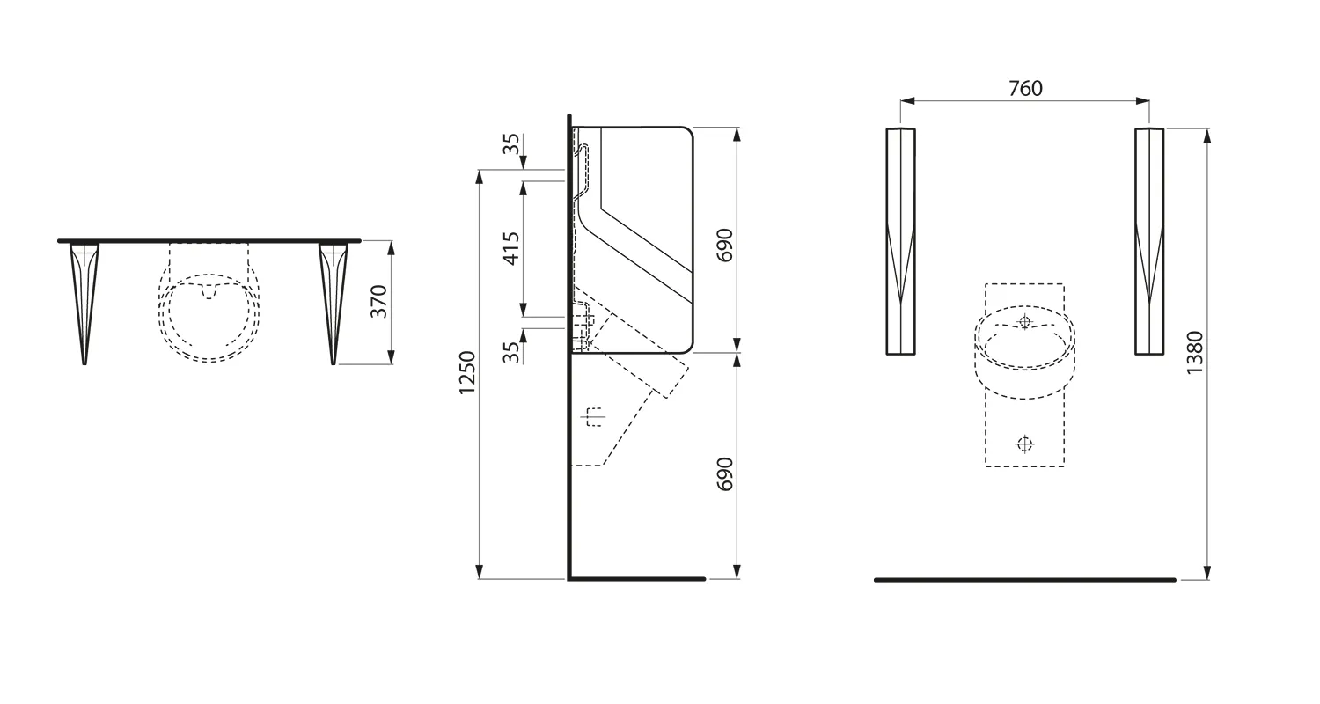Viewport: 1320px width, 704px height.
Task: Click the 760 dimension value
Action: [x=1025, y=88]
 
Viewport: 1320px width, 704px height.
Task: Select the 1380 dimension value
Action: [x=1194, y=353]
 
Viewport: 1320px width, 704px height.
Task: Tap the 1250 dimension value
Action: [x=467, y=372]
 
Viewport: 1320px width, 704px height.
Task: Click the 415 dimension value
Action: [x=511, y=248]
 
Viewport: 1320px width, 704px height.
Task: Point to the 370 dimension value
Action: [x=379, y=302]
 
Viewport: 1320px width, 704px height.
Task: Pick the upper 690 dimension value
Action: [x=724, y=246]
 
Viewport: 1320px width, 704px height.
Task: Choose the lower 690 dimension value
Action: [x=724, y=474]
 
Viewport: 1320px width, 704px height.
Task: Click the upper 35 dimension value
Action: [x=511, y=144]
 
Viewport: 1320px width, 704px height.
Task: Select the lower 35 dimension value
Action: [x=511, y=352]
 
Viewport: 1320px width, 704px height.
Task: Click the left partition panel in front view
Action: [x=900, y=242]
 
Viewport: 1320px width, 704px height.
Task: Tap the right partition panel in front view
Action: [x=1149, y=242]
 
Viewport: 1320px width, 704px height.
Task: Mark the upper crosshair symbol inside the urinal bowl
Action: [x=1023, y=322]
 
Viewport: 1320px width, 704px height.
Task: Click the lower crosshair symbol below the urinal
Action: [x=1024, y=444]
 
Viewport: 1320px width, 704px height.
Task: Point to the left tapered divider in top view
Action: [x=84, y=299]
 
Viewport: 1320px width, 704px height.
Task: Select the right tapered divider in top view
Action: [x=334, y=299]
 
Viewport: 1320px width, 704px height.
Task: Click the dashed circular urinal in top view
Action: [x=209, y=317]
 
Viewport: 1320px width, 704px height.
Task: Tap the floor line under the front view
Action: [x=1025, y=580]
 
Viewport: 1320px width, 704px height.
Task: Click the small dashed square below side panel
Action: [x=596, y=417]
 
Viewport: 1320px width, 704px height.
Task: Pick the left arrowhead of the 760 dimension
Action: [x=907, y=101]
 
